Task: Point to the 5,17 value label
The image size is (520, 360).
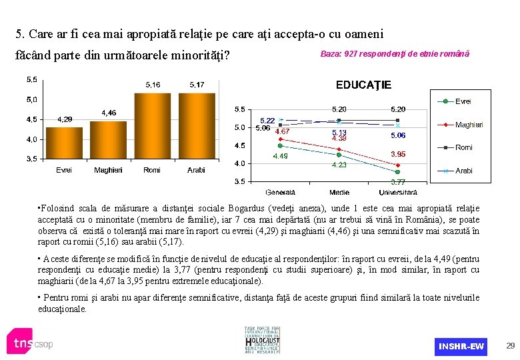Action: point(197,85)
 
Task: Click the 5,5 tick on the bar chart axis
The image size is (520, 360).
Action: point(31,80)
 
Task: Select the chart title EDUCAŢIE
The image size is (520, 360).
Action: point(363,85)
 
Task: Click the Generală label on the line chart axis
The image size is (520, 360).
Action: point(280,192)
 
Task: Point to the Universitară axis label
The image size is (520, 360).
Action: point(398,192)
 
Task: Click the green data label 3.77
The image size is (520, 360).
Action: point(398,181)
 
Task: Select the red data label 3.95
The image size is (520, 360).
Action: point(398,154)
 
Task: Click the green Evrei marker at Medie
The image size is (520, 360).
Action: point(339,155)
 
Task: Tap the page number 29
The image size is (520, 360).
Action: point(510,346)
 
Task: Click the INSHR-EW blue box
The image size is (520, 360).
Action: point(461,346)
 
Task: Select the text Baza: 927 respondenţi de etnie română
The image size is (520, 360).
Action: point(395,53)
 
